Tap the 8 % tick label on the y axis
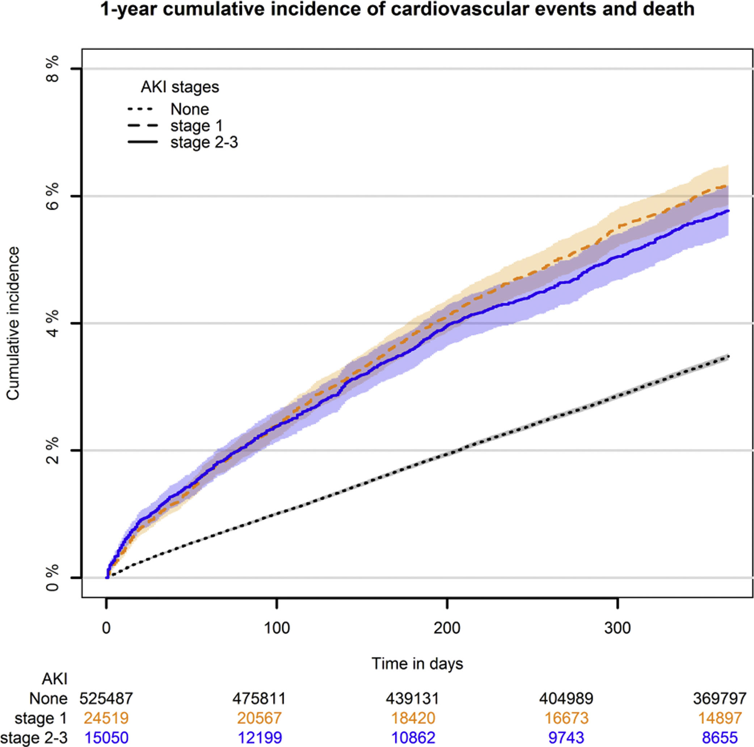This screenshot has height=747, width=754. pos(52,69)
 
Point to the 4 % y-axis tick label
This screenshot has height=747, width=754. pos(52,323)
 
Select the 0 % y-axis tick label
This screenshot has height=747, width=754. pos(52,578)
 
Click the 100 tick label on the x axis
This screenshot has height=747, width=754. pos(277,628)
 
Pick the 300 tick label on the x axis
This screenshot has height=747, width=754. pos(618,628)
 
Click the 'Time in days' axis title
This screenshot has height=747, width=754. pos(417,663)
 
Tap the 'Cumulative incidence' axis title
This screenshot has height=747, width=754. pos(13,323)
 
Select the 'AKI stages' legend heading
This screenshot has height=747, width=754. pos(180,87)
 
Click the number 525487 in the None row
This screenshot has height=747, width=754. pos(106,698)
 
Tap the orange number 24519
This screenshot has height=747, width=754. pos(106,718)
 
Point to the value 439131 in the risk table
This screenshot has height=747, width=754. pos(413,698)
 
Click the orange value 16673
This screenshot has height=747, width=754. pos(566,718)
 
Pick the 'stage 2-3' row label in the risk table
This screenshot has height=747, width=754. pos(34,737)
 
